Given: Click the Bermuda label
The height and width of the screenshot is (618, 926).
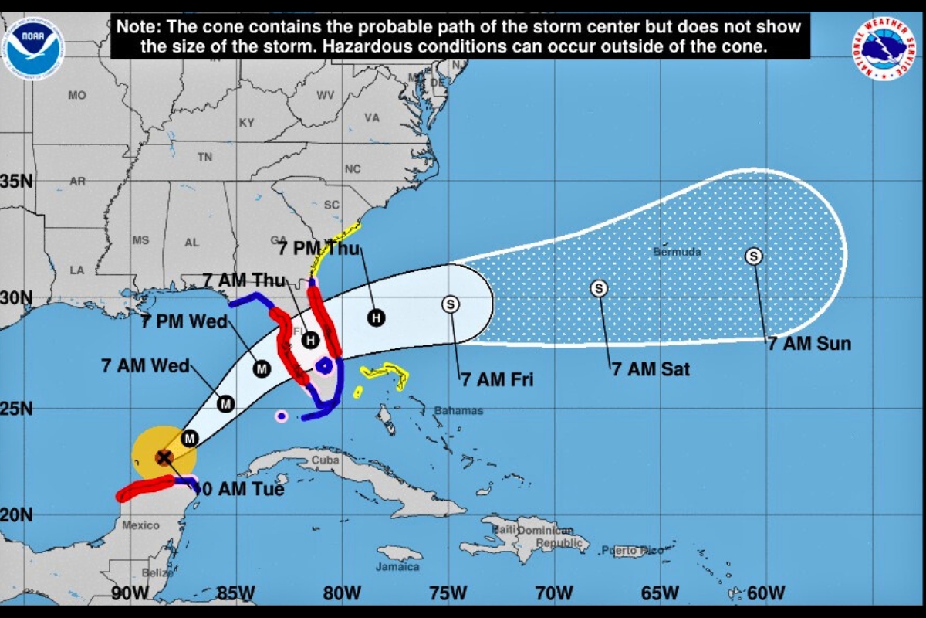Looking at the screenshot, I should tap(677, 252).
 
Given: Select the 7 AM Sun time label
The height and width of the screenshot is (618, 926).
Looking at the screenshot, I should tap(809, 344).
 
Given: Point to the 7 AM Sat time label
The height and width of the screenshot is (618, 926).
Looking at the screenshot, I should tap(651, 369).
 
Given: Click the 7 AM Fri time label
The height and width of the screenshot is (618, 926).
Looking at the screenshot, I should tap(497, 379).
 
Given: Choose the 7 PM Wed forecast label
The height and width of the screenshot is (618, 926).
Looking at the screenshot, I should tap(184, 321).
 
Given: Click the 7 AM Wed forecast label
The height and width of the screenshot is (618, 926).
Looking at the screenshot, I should tap(145, 365).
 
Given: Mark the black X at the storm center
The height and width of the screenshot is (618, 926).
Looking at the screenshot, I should tap(164, 457).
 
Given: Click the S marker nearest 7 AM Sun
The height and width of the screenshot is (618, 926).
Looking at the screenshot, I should tap(754, 256).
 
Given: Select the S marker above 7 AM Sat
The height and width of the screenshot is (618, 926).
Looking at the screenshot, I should tap(599, 288).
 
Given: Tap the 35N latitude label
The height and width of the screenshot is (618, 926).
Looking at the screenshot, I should tap(16, 182).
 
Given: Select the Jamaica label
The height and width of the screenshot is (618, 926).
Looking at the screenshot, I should tap(398, 567).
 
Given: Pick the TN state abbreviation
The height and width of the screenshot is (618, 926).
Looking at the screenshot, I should tap(204, 157).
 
